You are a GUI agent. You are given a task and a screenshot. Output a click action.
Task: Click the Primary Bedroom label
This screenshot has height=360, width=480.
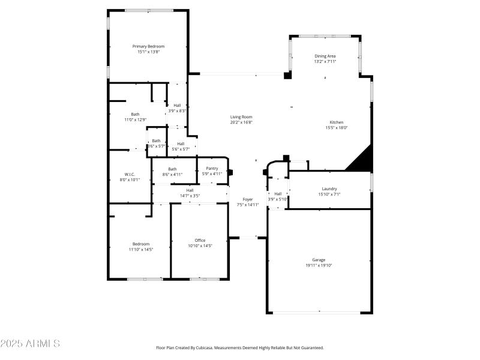148,46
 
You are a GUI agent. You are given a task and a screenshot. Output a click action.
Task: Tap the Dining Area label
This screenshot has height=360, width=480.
325,56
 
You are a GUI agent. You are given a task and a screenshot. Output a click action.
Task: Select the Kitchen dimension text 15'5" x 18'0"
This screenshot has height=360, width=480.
336,127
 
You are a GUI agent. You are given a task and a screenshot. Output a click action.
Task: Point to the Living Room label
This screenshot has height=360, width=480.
241,117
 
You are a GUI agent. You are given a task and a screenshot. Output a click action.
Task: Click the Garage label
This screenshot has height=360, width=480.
319,260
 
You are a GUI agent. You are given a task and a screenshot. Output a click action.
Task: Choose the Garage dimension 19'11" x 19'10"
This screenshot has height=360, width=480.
319,265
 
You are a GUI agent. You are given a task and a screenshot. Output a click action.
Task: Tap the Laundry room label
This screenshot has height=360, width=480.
329,188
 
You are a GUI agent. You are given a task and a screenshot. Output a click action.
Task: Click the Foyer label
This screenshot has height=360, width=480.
248,199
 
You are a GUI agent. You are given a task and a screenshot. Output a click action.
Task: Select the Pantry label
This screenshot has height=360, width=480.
212,169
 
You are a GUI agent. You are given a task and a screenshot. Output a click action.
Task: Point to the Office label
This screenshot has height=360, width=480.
200,240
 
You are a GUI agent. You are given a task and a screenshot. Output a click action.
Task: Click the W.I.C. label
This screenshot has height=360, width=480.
130,174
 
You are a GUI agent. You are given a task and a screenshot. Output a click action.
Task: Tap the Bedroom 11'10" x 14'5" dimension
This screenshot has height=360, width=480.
141,249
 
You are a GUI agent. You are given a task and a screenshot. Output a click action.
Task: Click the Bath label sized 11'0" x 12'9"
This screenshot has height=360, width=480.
135,114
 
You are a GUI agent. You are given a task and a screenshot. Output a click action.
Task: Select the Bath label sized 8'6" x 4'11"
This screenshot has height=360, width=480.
172,169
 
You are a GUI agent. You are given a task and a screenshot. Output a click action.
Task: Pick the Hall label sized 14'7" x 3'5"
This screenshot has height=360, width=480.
190,190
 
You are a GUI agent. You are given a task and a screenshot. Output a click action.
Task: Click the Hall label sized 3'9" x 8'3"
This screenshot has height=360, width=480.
177,105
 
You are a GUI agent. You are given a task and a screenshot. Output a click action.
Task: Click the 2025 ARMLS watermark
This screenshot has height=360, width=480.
30,344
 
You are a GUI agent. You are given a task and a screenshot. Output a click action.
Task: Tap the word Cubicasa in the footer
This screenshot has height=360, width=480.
222,347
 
